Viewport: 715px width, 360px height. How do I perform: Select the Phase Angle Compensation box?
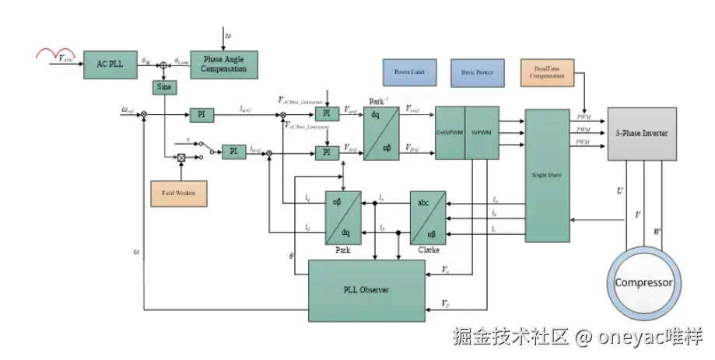[224, 64]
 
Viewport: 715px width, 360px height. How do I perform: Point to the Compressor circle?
[643, 283]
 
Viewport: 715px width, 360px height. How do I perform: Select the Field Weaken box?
[178, 192]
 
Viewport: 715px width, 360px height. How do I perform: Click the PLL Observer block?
[366, 290]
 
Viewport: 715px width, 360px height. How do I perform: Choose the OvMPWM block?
[450, 133]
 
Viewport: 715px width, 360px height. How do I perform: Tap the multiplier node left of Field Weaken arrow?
[181, 158]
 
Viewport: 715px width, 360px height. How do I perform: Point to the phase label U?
[619, 190]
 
